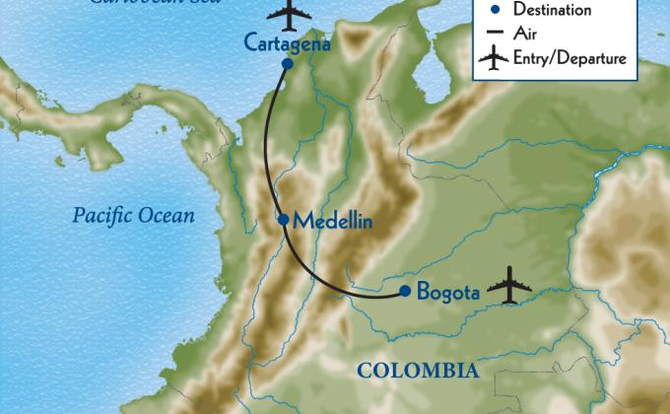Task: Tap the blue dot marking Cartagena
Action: (x=287, y=64)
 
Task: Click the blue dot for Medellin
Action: (x=284, y=220)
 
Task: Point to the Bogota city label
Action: (x=447, y=292)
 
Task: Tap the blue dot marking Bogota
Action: (x=405, y=291)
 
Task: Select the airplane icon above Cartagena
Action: (x=286, y=15)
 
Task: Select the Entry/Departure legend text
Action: (x=569, y=60)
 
